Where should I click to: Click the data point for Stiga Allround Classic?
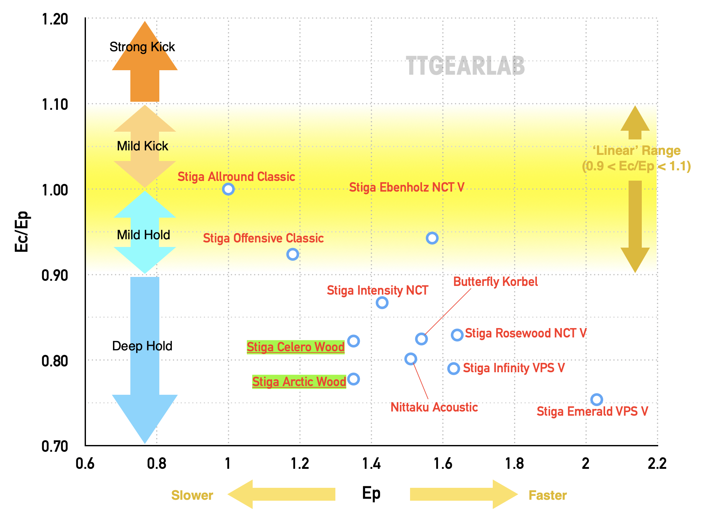[228, 189]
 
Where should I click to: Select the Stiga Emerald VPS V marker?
[596, 400]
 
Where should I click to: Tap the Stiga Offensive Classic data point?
[293, 254]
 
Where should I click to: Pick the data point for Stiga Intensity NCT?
[382, 303]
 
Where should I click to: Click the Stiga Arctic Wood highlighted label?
[299, 382]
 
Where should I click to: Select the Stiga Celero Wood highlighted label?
[295, 347]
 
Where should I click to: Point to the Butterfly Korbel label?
[495, 282]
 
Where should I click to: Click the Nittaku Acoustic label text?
[434, 407]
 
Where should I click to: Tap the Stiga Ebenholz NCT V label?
[407, 187]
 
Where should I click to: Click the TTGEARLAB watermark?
[465, 66]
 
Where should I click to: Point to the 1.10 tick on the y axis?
[55, 105]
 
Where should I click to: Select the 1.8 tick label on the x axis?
[514, 464]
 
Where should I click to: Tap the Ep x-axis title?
[371, 493]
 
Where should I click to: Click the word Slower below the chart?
[192, 495]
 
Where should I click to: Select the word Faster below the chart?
[547, 495]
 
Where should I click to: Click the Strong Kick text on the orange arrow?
[142, 47]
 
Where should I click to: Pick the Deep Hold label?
[142, 346]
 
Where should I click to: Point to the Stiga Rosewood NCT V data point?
[457, 335]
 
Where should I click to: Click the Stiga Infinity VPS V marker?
[453, 368]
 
